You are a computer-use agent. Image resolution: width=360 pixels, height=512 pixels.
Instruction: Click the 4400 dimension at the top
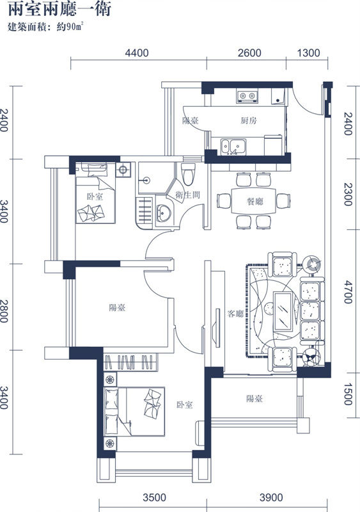(x=137, y=53)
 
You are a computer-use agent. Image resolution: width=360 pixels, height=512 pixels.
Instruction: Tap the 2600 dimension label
(x=249, y=53)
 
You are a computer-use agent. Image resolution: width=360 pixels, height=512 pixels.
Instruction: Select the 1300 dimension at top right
(x=308, y=53)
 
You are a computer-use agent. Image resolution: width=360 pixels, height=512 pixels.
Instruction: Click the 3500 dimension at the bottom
(x=154, y=498)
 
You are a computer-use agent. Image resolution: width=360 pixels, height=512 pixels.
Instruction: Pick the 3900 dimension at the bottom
(x=271, y=498)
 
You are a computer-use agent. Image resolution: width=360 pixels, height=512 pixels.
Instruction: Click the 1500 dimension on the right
(x=348, y=394)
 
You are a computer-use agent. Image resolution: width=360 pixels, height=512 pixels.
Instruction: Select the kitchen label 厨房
(x=249, y=121)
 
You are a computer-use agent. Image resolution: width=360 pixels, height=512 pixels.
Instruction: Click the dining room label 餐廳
(x=255, y=201)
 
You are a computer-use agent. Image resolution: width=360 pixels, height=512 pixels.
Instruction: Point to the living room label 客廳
(x=235, y=314)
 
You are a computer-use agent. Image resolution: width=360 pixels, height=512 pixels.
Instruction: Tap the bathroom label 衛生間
(x=187, y=195)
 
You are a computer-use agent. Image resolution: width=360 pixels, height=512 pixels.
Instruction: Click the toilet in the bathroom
(x=189, y=173)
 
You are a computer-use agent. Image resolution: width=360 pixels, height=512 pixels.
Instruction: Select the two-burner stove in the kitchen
(x=247, y=96)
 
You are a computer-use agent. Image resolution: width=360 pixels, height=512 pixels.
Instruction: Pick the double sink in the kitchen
(x=233, y=147)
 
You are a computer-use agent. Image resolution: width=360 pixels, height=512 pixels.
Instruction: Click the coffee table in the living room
(x=283, y=312)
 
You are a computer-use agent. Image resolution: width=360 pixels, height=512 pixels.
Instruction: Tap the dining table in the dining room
(x=254, y=201)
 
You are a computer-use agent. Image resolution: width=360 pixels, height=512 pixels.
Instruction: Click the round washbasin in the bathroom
(x=164, y=213)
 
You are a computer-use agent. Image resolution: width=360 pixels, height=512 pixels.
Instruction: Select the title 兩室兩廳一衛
(x=59, y=8)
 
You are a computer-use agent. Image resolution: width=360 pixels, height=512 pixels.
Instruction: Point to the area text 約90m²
(x=70, y=27)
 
